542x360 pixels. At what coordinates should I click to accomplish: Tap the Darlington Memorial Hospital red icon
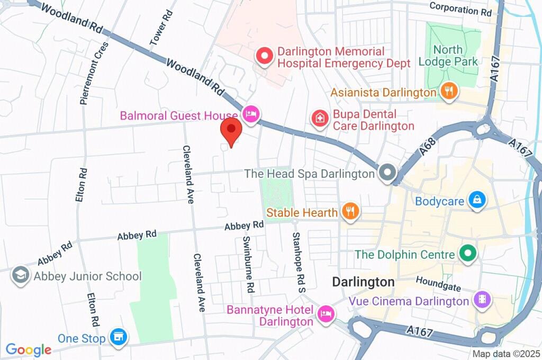click(264, 56)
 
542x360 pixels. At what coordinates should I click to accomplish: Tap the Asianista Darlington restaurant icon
click(448, 91)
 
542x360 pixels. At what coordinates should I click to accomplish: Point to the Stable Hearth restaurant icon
click(350, 212)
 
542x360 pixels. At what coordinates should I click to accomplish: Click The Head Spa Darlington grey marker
click(387, 173)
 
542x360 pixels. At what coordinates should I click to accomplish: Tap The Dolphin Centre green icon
click(467, 254)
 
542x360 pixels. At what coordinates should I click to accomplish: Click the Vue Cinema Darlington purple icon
click(483, 300)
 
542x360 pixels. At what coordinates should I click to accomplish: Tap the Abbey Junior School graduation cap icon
click(21, 276)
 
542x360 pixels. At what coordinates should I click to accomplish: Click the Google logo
click(29, 350)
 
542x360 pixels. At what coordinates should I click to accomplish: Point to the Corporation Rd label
click(461, 8)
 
